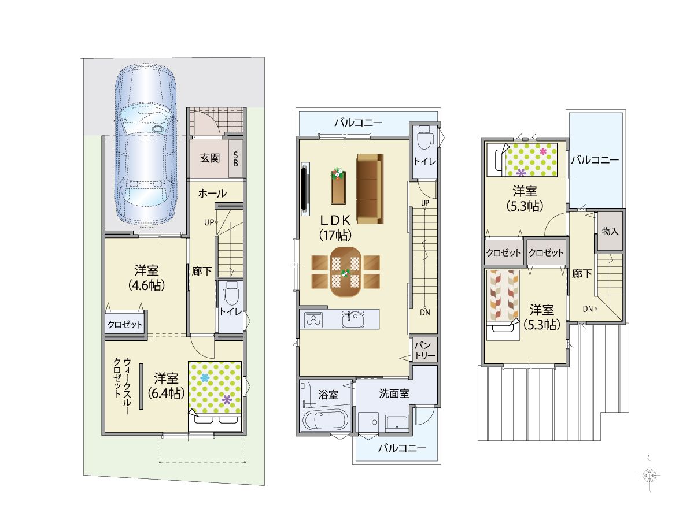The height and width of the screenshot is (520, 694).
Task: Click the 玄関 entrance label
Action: coord(209,158)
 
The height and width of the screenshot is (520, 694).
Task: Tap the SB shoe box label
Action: coord(235,159)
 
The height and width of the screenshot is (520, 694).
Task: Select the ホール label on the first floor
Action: coord(212,193)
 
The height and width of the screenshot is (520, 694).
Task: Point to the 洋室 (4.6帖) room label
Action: coord(146,278)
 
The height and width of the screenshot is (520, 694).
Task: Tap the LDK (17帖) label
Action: coord(335,227)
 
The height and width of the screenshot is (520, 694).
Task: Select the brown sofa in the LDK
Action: coord(370,188)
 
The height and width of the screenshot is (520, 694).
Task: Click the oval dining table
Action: coord(346,272)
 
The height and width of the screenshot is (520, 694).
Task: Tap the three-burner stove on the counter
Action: coord(313,320)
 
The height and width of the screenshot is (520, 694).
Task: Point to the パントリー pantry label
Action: coord(425,350)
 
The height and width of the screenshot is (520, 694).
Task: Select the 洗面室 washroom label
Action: coord(394,393)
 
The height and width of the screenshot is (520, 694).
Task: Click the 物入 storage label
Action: coord(610,231)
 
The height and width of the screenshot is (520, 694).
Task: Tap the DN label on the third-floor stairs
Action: coord(588,309)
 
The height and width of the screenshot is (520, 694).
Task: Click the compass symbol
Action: coord(649,475)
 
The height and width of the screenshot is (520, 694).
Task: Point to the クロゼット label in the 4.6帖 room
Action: coord(124,324)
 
